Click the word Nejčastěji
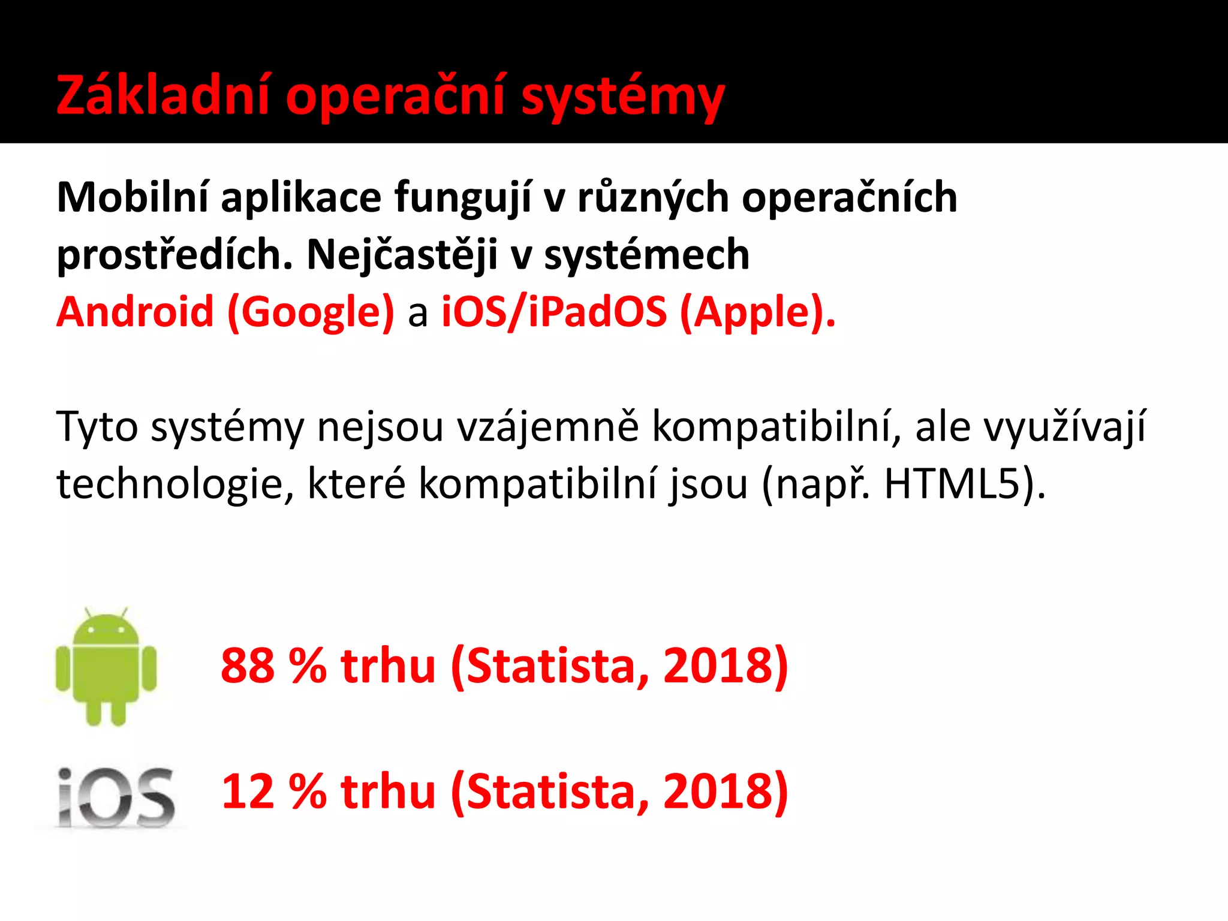[x=402, y=255]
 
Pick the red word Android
[x=135, y=312]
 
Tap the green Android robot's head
[x=106, y=630]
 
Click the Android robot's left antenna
[x=88, y=613]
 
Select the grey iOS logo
[x=116, y=797]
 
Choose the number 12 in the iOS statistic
[x=247, y=791]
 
